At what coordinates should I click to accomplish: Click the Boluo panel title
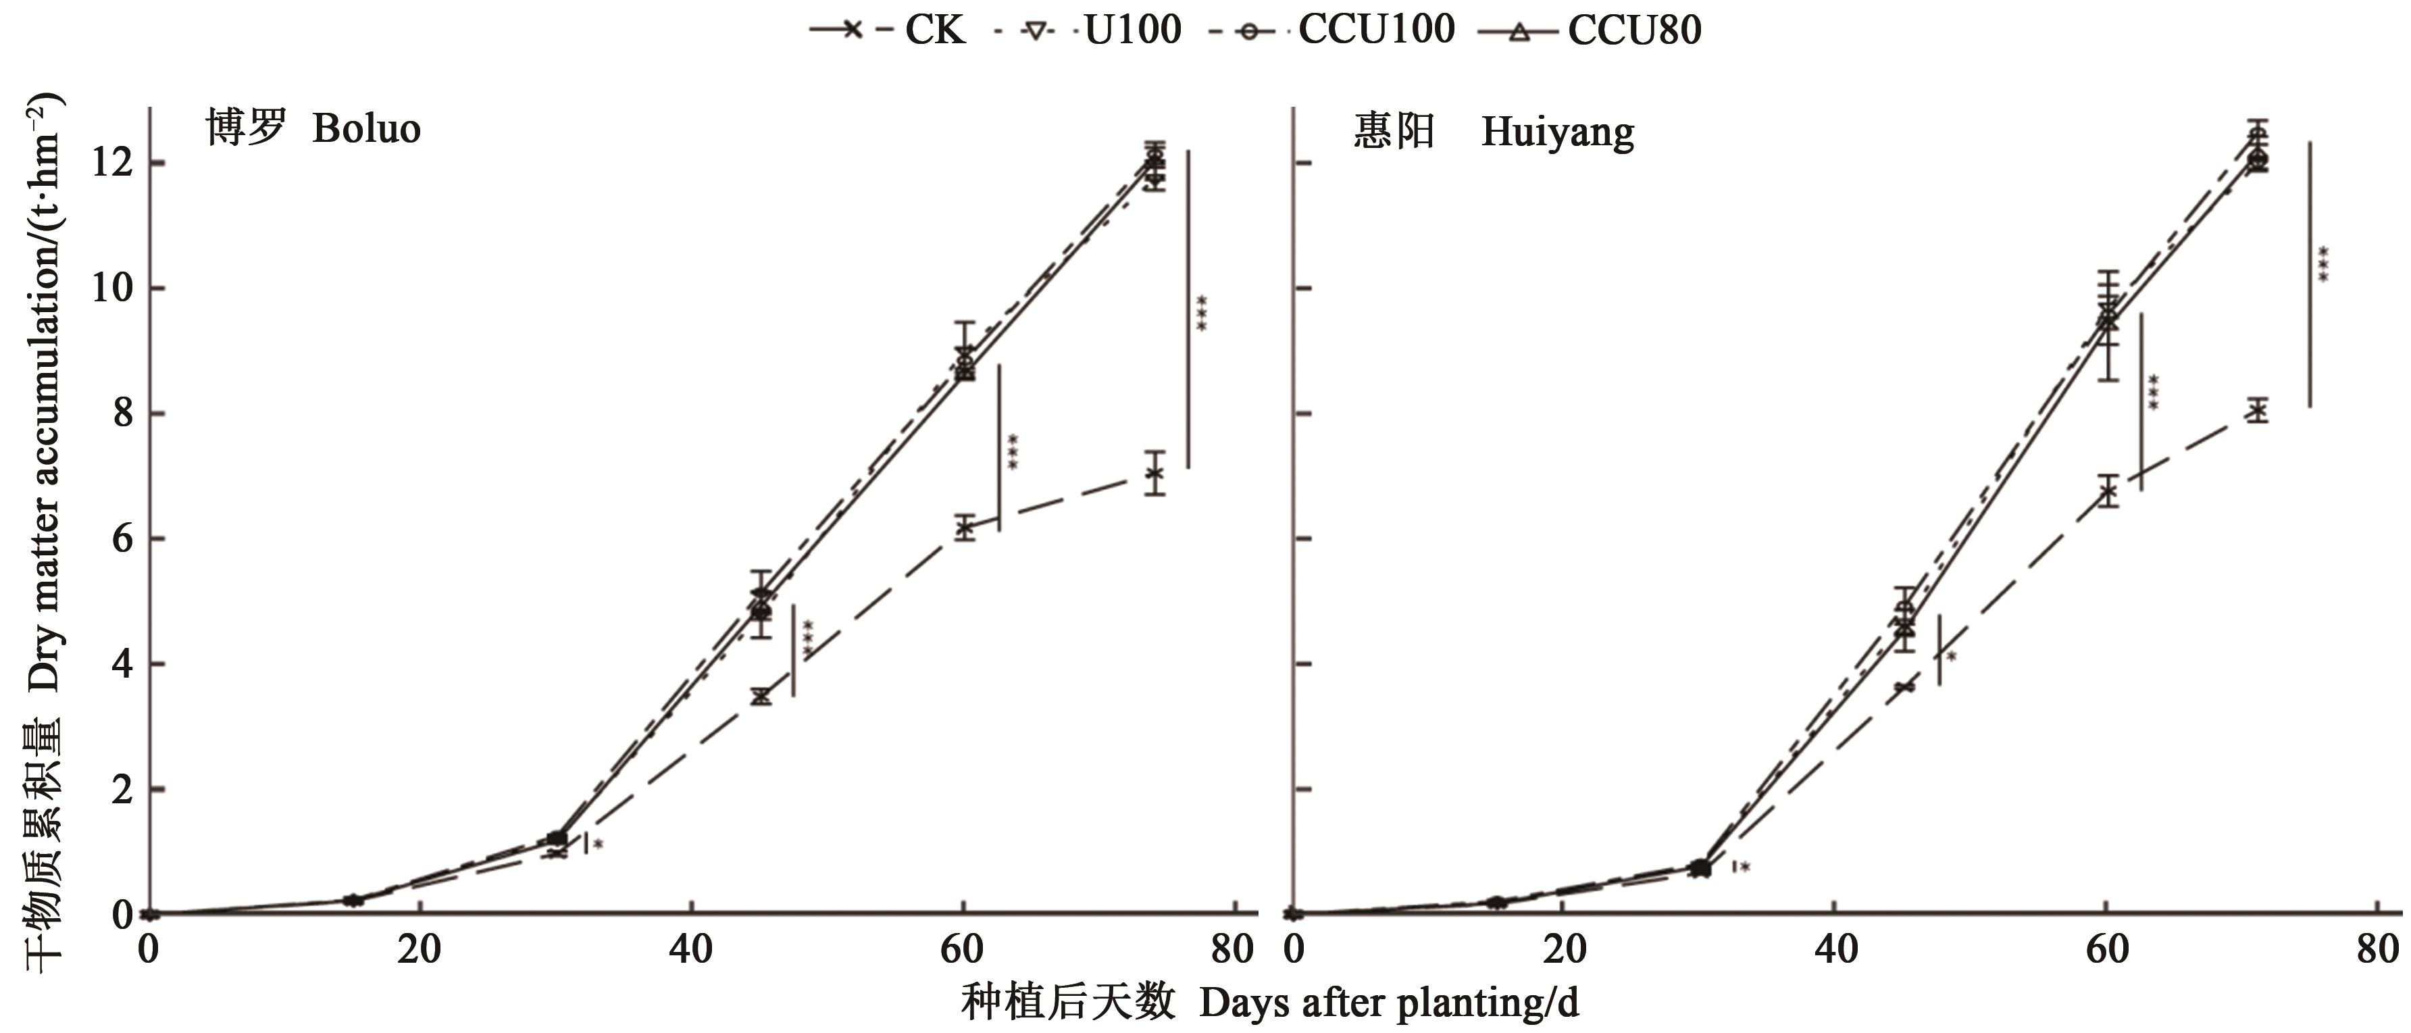pos(313,128)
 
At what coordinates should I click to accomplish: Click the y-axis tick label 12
pos(109,163)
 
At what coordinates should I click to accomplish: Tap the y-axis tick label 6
pos(122,540)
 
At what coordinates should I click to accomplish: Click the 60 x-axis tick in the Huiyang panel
pos(2106,950)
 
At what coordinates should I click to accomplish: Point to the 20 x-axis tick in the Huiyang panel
pos(1565,950)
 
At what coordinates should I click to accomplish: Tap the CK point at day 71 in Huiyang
pos(2258,411)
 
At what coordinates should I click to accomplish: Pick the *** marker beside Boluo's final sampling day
pos(1202,313)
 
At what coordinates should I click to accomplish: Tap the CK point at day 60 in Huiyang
pos(2108,491)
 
